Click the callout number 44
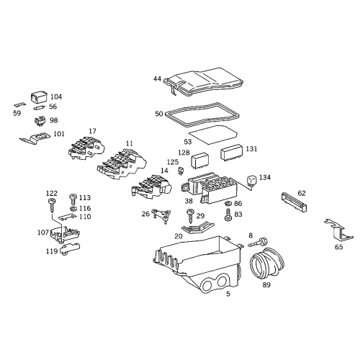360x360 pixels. tap(157, 78)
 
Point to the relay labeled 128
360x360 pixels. tap(202, 157)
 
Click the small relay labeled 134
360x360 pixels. tap(251, 180)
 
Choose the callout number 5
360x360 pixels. tap(228, 294)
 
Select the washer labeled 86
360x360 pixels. tap(228, 204)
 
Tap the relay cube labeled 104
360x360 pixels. tap(38, 96)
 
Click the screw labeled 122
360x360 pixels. tap(53, 204)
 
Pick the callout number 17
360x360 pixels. tap(92, 131)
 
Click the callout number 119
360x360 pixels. tap(51, 252)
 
